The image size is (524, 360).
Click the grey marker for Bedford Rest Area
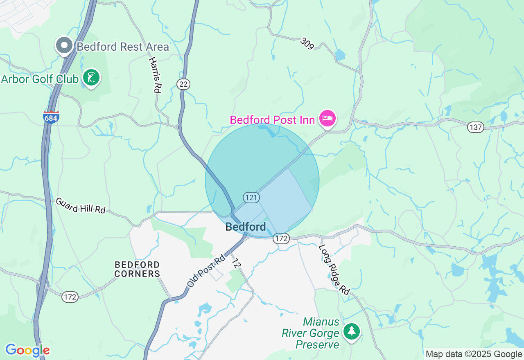tap(64, 45)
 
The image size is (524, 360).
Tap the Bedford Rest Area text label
tap(123, 47)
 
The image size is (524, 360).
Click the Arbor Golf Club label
tap(40, 79)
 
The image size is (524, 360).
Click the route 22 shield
tap(183, 84)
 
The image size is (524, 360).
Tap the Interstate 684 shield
tap(51, 117)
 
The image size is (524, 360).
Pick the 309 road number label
tap(307, 43)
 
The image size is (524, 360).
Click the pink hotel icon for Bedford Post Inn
tap(328, 119)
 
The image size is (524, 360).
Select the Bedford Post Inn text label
tap(272, 120)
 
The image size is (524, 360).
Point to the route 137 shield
tap(476, 127)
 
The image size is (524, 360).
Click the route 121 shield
tap(251, 198)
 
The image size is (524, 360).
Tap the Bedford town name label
tap(246, 227)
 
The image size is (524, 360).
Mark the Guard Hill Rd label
tap(81, 205)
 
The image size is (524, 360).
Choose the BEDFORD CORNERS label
tap(137, 269)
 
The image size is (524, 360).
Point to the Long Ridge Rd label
tap(334, 270)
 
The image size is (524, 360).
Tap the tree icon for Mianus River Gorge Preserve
tap(352, 331)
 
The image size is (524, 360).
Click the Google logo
tap(27, 350)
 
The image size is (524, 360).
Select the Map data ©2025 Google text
tap(474, 354)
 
